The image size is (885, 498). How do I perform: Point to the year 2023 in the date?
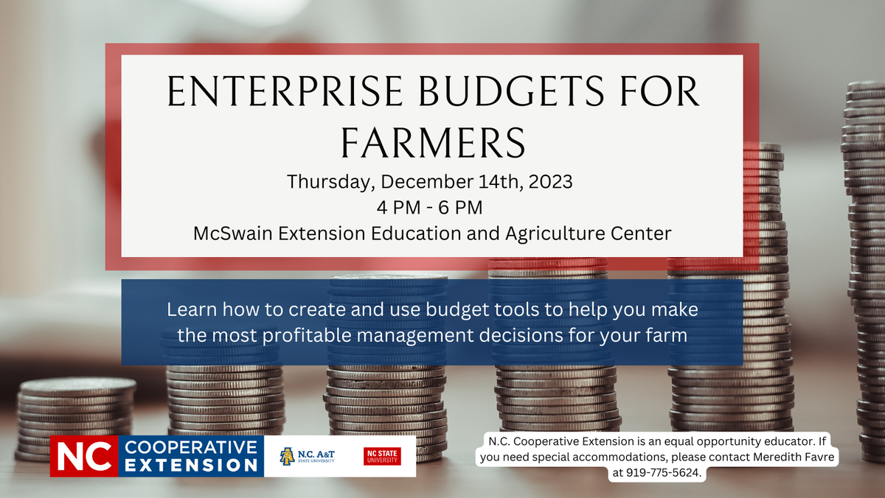[x=549, y=181]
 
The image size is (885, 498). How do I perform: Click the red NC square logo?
[x=83, y=457]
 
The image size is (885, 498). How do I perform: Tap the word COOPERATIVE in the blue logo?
[x=191, y=446]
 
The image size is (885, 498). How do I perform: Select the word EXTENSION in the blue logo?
[x=191, y=466]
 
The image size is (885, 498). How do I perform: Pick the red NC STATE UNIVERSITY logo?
[x=382, y=457]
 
